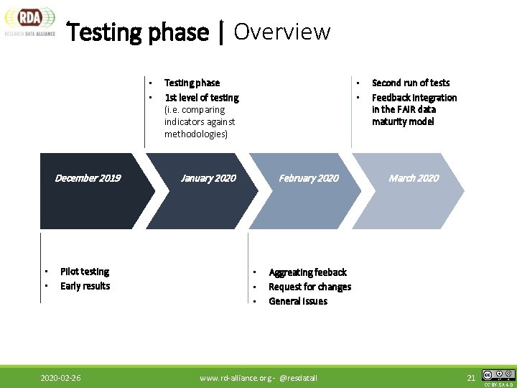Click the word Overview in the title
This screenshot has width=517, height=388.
tap(281, 32)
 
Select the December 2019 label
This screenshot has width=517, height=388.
tap(88, 178)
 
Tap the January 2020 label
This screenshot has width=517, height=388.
tap(208, 178)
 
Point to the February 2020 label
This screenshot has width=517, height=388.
tap(309, 178)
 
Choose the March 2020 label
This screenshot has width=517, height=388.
tap(414, 178)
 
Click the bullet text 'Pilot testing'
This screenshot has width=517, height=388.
tap(85, 272)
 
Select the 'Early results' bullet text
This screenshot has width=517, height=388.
tap(85, 286)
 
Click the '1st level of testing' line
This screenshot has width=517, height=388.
tap(202, 98)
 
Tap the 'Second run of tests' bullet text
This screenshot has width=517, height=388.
tap(411, 83)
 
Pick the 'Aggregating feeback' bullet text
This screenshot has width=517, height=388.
tap(307, 272)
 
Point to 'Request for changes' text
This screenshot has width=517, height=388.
tap(309, 287)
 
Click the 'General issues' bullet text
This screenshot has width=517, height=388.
tap(298, 301)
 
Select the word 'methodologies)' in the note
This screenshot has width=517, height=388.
tap(195, 134)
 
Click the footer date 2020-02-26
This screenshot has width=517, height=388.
tap(60, 378)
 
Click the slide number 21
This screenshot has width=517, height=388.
tap(471, 378)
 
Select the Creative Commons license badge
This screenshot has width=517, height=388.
tap(498, 375)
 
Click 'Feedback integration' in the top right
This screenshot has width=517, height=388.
tap(414, 98)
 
